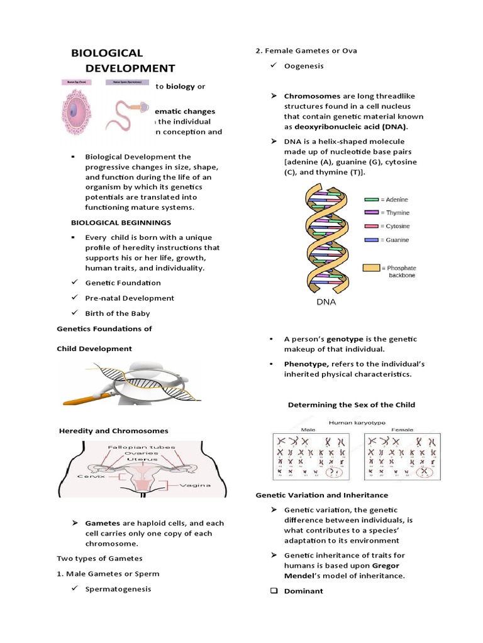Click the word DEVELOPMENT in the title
[130, 68]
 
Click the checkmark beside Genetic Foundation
[74, 283]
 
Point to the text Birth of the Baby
[118, 313]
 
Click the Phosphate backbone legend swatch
[372, 267]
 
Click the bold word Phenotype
[306, 364]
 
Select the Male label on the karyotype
[290, 430]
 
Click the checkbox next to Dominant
[274, 591]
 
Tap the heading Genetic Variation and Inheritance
[321, 495]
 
